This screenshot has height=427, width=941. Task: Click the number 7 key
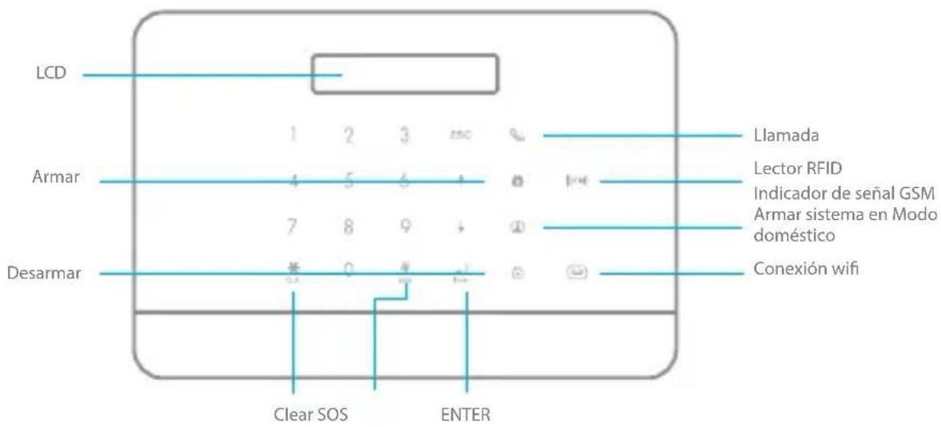[294, 227]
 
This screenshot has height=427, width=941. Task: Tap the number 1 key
[294, 137]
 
